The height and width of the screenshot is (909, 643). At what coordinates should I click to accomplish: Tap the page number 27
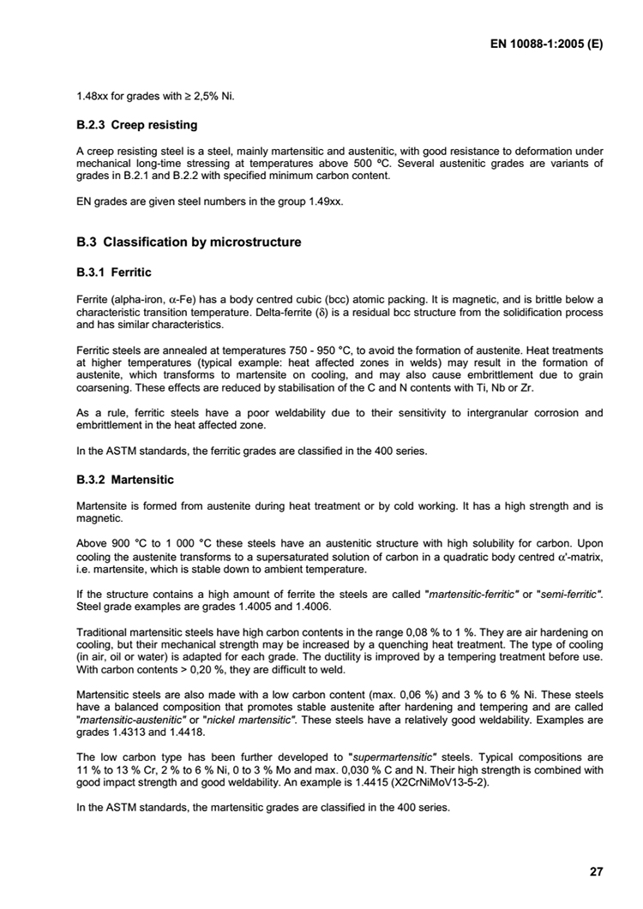597,872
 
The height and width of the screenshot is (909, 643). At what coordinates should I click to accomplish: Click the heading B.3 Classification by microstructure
189,242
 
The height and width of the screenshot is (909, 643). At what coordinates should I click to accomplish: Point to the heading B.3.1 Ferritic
114,272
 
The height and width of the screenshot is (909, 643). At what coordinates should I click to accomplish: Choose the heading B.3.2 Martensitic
125,480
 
